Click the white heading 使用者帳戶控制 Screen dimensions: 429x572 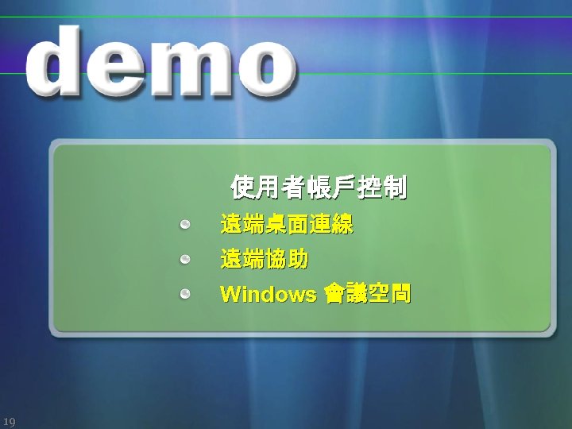319,188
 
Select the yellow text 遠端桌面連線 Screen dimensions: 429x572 287,225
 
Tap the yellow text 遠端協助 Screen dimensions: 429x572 265,260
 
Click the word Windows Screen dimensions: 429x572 269,295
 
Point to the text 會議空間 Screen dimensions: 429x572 367,295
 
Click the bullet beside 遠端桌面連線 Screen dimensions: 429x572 184,225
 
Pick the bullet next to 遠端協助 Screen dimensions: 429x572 184,260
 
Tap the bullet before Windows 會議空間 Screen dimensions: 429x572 184,295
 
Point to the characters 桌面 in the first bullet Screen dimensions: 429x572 287,225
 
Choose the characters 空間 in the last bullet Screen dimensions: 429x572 389,295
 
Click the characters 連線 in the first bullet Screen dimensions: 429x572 331,225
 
